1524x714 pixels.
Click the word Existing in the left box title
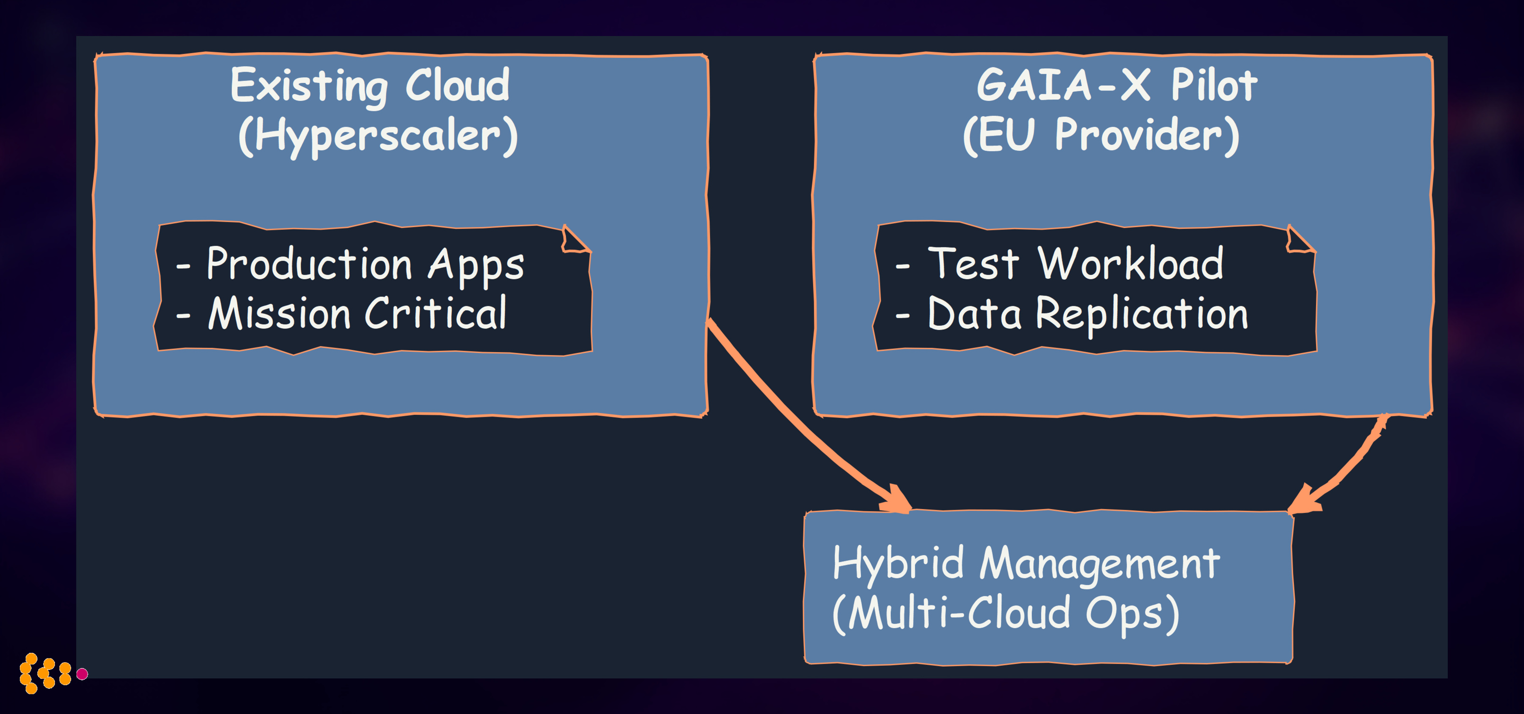pos(309,86)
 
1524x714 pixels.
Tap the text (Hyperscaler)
pos(377,136)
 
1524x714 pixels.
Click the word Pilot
pos(1213,85)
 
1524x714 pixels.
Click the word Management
pos(1099,564)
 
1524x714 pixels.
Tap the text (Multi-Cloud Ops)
pos(1006,614)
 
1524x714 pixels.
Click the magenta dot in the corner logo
pos(82,674)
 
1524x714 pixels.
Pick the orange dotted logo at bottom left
pos(45,673)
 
